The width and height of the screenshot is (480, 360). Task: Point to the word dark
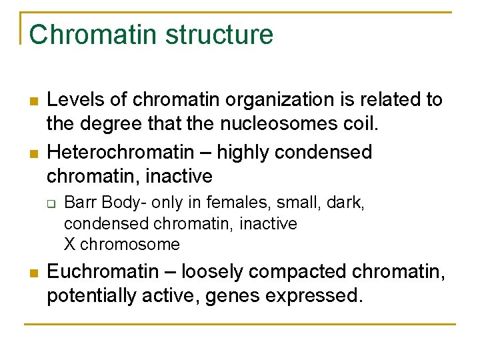click(348, 202)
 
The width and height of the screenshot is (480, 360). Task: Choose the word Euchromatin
click(99, 272)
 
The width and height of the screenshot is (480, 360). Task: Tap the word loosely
click(217, 272)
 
